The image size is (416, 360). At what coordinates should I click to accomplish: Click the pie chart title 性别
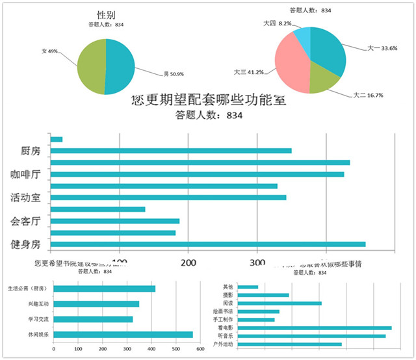coord(105,15)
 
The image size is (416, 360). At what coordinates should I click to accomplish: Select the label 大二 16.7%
coord(367,96)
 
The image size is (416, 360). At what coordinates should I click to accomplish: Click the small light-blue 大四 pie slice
coord(302,36)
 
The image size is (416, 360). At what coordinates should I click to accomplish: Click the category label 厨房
coord(30,151)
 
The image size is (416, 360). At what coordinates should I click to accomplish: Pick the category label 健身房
coord(26,244)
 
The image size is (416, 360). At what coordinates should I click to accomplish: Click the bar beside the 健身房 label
coord(208,244)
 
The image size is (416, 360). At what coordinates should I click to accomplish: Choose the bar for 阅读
coord(279,303)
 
